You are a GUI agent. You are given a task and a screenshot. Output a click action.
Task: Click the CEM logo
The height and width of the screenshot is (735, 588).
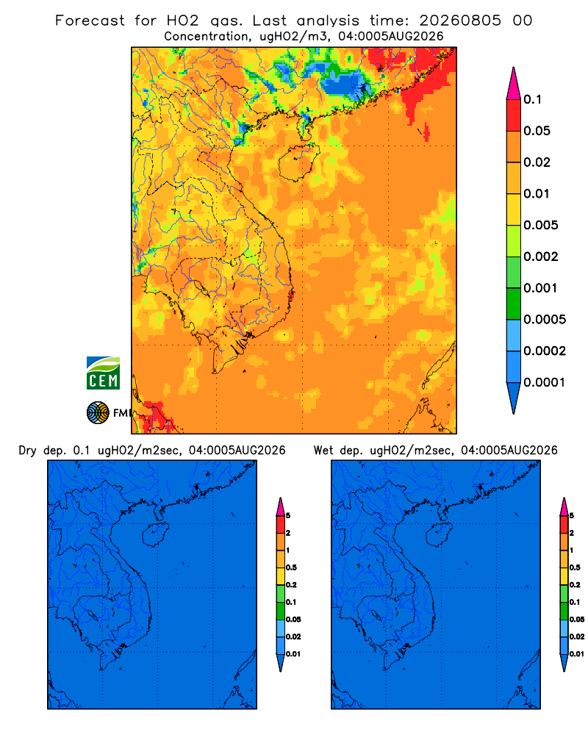tap(103, 373)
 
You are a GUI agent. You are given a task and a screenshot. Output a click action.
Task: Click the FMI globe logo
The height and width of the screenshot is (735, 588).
tap(98, 413)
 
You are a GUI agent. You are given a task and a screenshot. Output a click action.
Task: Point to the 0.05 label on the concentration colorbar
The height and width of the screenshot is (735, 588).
tap(537, 131)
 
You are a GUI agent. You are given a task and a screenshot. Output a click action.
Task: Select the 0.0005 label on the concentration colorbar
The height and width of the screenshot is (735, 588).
tap(545, 319)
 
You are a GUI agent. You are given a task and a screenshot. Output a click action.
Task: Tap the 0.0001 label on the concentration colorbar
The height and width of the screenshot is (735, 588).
tap(545, 382)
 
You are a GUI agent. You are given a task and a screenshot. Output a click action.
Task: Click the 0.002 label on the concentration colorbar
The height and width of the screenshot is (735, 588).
tap(541, 257)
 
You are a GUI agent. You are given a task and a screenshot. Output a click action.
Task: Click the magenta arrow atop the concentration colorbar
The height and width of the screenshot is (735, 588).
tap(514, 83)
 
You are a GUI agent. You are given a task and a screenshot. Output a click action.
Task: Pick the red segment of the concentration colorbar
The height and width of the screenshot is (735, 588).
tap(514, 115)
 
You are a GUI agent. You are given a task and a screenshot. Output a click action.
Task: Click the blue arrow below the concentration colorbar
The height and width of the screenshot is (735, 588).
tap(514, 398)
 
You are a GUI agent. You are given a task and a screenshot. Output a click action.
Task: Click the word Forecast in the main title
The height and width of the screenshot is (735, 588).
tap(90, 21)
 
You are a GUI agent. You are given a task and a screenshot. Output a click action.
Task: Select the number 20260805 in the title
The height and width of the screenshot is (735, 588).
tap(460, 21)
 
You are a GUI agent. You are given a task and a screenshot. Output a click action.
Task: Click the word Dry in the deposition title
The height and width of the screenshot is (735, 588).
tap(27, 451)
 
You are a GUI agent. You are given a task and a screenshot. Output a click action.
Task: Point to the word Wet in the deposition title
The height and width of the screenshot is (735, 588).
tap(323, 451)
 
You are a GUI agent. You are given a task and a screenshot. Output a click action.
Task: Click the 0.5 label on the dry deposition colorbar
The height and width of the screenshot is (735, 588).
tap(291, 567)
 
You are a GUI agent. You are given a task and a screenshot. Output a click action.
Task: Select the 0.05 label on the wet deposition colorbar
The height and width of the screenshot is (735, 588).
tap(577, 619)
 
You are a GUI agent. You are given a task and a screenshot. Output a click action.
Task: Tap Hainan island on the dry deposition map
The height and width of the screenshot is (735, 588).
tap(155, 535)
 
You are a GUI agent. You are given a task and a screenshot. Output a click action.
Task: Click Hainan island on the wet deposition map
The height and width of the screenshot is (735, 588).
tap(439, 535)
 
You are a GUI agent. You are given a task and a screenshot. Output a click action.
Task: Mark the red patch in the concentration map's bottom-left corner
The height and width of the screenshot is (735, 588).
tap(156, 415)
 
